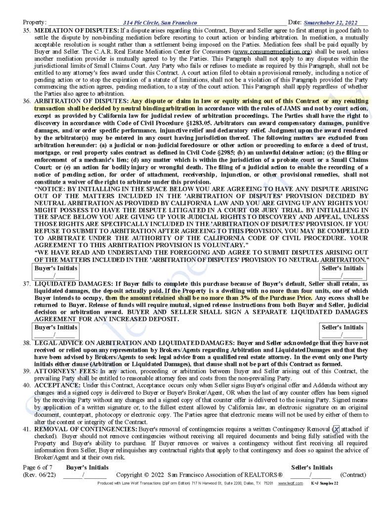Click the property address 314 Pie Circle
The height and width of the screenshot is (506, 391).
coord(160,23)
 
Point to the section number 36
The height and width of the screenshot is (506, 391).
coord(27,100)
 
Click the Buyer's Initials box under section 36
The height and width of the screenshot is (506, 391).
coord(55,271)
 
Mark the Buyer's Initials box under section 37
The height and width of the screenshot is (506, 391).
coord(55,331)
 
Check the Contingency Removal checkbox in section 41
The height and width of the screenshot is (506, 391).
coord(336,429)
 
